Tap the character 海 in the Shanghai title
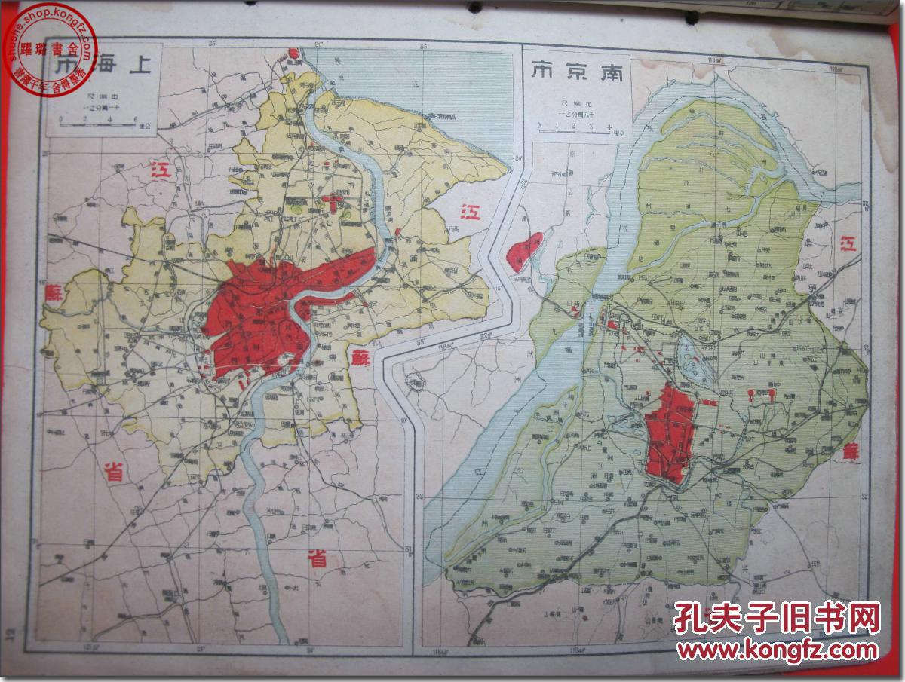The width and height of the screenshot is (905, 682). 99,68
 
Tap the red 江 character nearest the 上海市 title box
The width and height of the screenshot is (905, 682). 161,170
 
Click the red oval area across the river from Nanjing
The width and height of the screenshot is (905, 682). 526,251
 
